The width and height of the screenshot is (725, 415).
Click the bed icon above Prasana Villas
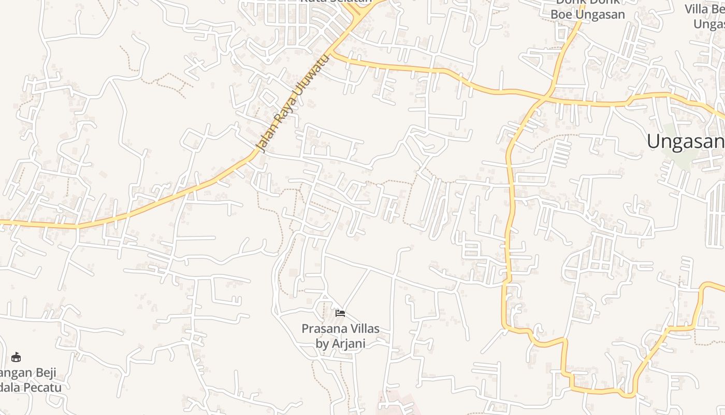(340, 313)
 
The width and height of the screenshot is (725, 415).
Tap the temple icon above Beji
(16, 357)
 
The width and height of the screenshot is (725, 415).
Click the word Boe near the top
(561, 15)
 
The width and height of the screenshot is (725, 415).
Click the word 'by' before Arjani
(323, 343)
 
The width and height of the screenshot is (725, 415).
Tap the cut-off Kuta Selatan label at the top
(337, 2)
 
